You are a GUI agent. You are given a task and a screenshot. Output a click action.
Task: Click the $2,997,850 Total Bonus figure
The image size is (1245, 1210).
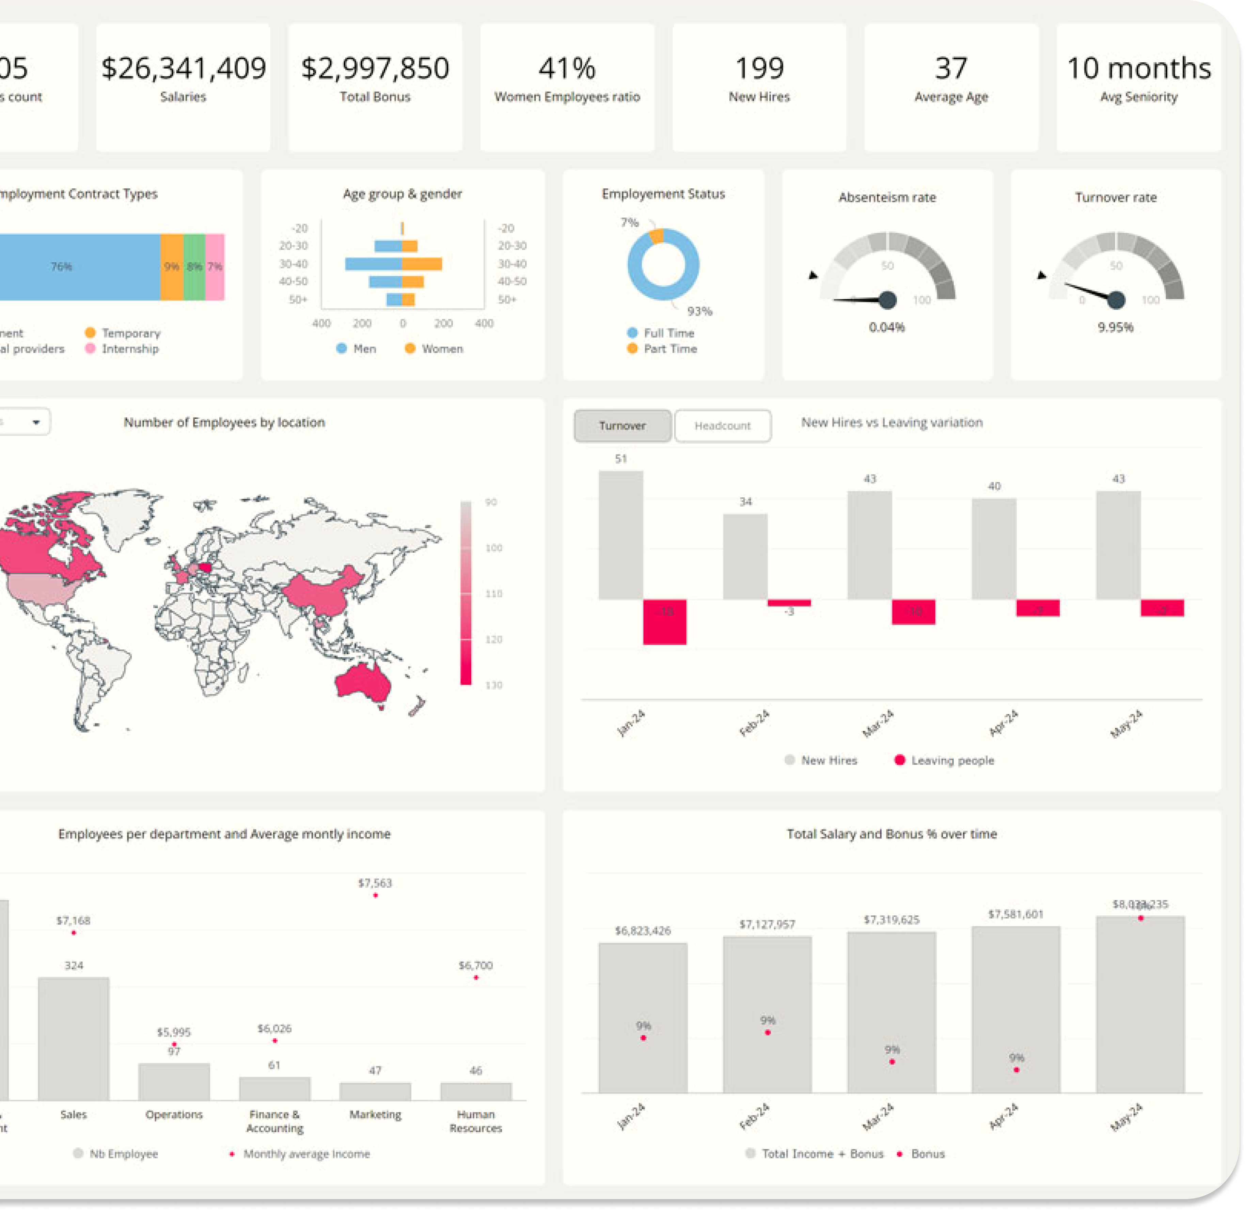click(375, 68)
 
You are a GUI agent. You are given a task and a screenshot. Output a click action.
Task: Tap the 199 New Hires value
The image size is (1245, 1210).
click(759, 68)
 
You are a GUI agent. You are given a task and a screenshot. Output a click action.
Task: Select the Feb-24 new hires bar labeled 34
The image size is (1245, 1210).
click(745, 556)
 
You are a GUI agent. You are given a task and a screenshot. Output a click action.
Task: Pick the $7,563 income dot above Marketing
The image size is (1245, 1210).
click(375, 896)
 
